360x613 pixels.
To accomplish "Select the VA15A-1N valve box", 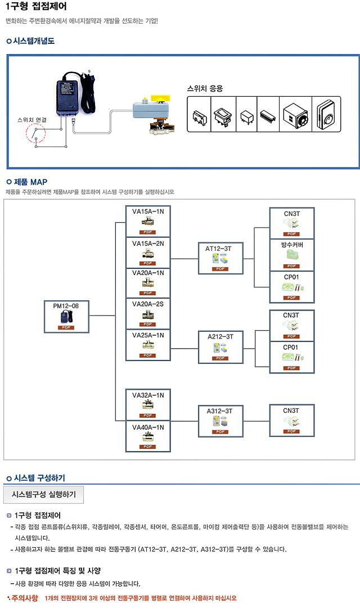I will coord(148,221).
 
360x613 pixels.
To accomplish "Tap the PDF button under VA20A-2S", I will coord(148,324).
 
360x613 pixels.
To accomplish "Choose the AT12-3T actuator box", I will coord(220,258).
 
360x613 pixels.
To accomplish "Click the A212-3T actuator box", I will coord(220,347).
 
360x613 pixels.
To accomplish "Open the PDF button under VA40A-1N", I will coord(148,447).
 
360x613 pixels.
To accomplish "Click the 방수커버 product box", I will coord(291,255).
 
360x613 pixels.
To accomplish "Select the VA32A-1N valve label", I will coord(148,395).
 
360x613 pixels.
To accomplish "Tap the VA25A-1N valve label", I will coord(148,335).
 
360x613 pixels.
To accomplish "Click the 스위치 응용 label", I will coord(205,89).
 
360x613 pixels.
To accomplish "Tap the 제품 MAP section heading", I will coord(30,182).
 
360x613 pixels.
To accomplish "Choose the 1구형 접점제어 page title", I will coord(36,7).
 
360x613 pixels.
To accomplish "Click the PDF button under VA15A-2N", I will coord(148,263).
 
